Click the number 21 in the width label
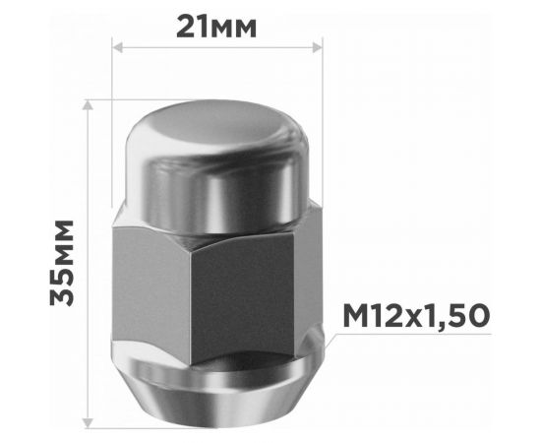point(194,26)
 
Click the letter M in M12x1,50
point(356,316)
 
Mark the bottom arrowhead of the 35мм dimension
point(90,423)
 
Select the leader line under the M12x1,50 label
point(413,335)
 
